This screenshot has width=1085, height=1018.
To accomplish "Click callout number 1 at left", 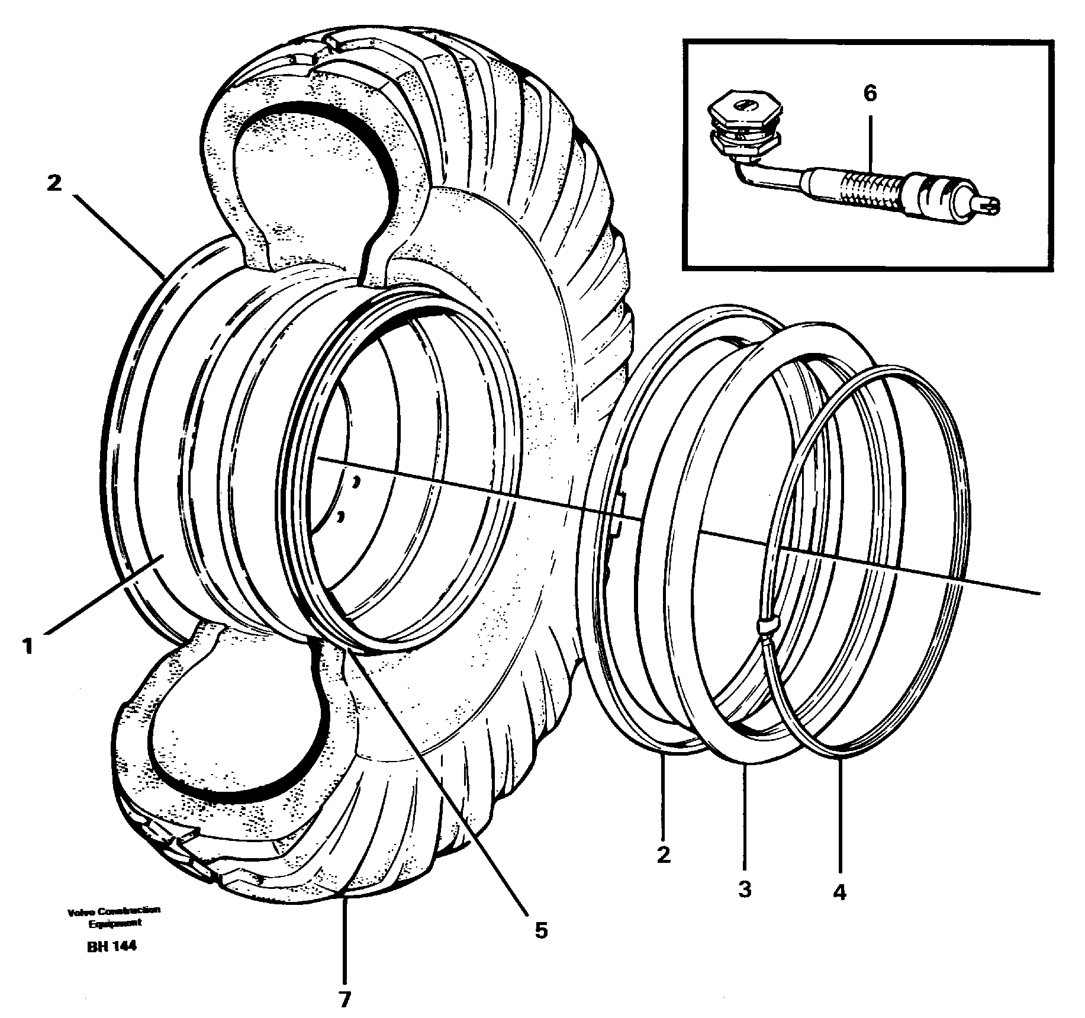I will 27,645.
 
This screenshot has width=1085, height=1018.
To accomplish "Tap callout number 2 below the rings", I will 663,855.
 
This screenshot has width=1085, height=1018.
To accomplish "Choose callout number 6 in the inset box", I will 870,94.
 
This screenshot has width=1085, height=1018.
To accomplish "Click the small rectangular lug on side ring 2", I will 618,515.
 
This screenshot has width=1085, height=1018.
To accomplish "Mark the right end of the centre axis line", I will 1038,593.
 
